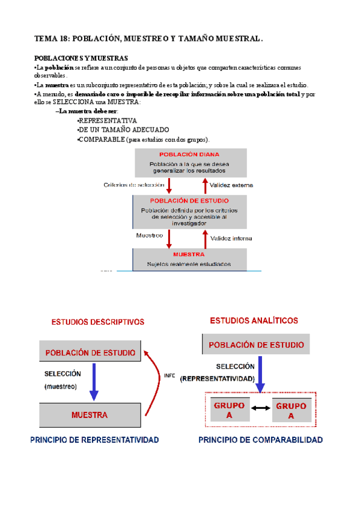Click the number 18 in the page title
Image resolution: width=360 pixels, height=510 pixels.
click(63, 39)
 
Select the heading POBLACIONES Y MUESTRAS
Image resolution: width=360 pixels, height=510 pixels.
click(81, 58)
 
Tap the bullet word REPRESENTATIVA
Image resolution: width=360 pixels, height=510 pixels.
click(108, 120)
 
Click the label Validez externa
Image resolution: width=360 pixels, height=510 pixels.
click(232, 185)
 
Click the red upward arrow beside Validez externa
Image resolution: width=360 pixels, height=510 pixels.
click(204, 184)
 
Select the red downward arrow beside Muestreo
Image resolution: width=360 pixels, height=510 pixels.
click(169, 237)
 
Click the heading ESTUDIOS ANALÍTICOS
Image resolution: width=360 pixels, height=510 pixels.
click(254, 321)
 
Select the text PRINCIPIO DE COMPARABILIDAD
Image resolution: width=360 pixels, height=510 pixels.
click(260, 440)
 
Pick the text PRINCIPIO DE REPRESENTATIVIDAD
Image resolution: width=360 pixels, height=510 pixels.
click(94, 440)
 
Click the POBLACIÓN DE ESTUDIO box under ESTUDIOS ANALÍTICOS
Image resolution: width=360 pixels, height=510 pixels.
click(256, 345)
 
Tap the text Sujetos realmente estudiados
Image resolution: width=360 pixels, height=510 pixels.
click(189, 264)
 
